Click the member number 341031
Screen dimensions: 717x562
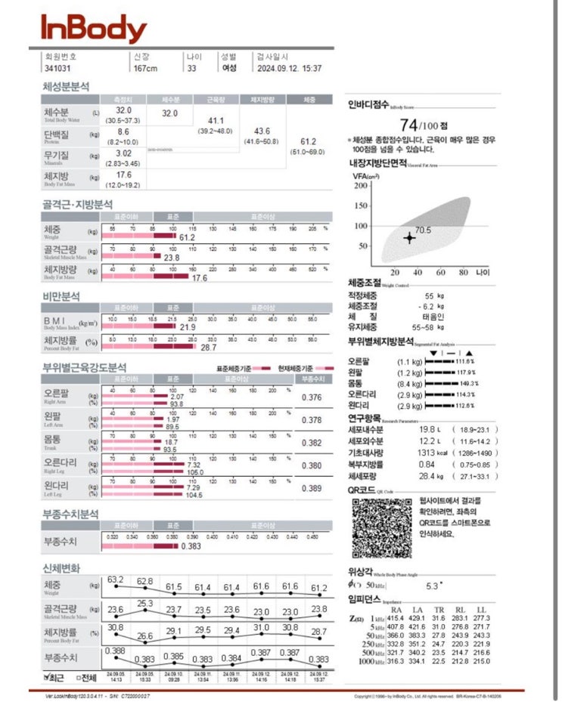click(57, 68)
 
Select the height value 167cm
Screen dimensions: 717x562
click(145, 68)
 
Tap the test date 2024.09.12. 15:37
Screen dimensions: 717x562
click(289, 68)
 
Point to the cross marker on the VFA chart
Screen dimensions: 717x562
click(409, 237)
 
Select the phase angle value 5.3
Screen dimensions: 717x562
click(433, 585)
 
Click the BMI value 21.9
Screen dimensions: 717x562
click(188, 327)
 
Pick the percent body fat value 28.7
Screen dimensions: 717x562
click(208, 348)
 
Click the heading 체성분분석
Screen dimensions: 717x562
click(66, 86)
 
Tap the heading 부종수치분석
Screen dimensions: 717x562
click(70, 514)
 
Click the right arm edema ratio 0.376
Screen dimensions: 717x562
click(312, 397)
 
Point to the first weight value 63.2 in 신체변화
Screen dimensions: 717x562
click(116, 579)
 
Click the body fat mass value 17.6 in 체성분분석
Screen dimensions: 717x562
click(124, 175)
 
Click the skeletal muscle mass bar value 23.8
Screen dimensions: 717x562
click(172, 258)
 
